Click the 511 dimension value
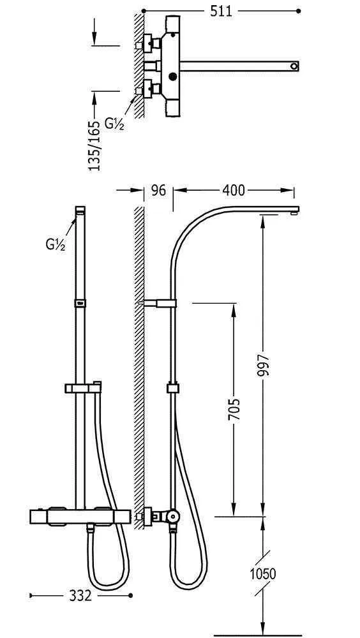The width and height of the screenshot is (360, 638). click(x=221, y=11)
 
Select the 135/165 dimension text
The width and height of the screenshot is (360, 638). click(x=94, y=145)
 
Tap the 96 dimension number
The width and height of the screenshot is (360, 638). click(x=158, y=190)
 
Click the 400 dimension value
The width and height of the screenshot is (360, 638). click(x=234, y=190)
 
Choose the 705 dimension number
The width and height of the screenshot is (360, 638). click(x=234, y=410)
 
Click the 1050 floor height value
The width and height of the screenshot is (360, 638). click(x=263, y=574)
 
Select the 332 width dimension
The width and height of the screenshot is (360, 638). click(x=80, y=596)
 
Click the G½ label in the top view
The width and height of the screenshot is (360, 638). click(x=114, y=123)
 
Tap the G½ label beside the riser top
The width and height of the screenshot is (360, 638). click(x=56, y=244)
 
